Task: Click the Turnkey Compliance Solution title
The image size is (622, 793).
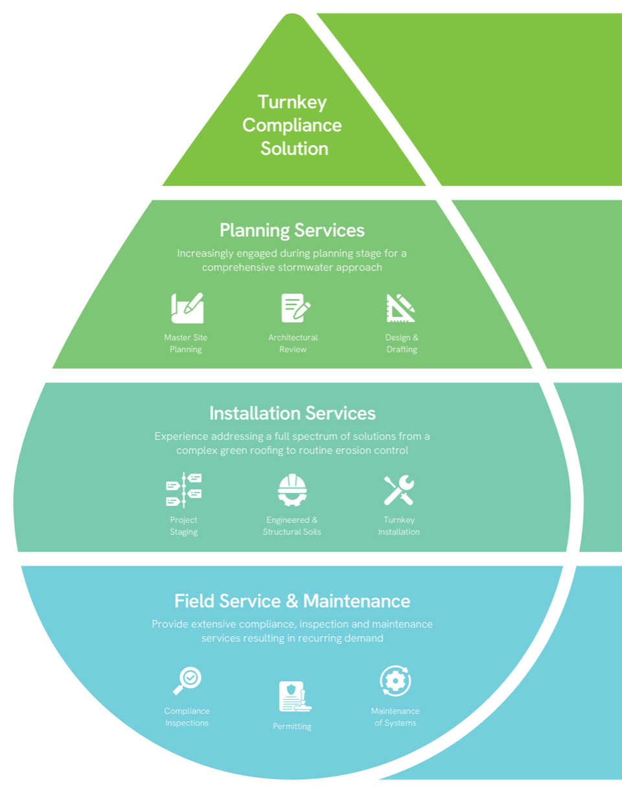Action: point(292,125)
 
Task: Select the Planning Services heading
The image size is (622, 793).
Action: point(292,230)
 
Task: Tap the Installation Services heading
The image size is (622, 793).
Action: point(292,413)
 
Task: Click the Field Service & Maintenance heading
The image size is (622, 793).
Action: point(292,601)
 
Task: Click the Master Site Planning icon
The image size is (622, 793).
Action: point(187,308)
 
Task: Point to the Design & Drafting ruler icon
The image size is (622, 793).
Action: point(401,308)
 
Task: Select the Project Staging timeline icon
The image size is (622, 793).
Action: point(184,489)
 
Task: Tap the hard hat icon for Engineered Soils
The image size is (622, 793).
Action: point(292,490)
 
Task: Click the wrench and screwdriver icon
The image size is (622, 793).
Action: point(398,490)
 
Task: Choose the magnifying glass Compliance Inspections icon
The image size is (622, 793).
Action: point(187,680)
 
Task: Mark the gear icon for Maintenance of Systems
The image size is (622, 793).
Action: point(395,681)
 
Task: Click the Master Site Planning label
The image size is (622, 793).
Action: point(186,343)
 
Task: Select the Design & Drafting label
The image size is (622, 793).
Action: point(402,343)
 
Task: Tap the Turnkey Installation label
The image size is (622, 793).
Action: point(399,525)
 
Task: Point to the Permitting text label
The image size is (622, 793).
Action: point(292,726)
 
